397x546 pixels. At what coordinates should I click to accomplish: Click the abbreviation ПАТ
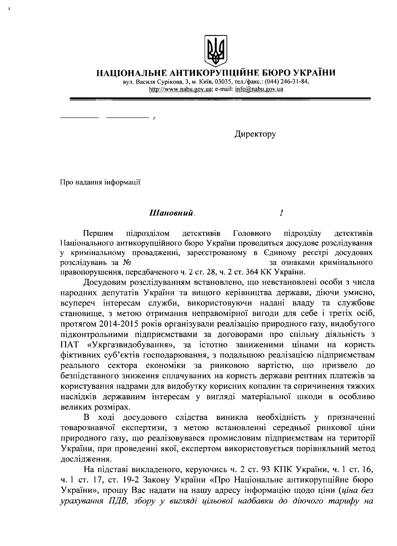click(x=70, y=345)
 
